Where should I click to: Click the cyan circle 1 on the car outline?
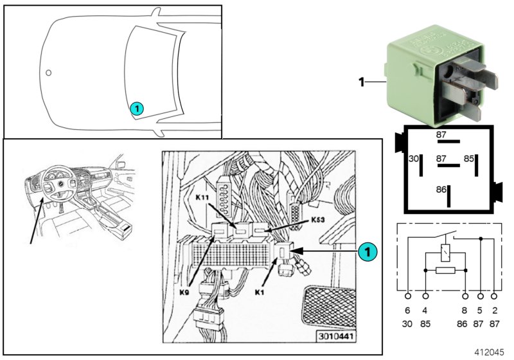tap(136, 109)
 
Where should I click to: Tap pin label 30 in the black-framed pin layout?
tap(414, 157)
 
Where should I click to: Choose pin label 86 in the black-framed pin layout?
tap(441, 190)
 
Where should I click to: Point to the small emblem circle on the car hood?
tap(49, 73)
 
